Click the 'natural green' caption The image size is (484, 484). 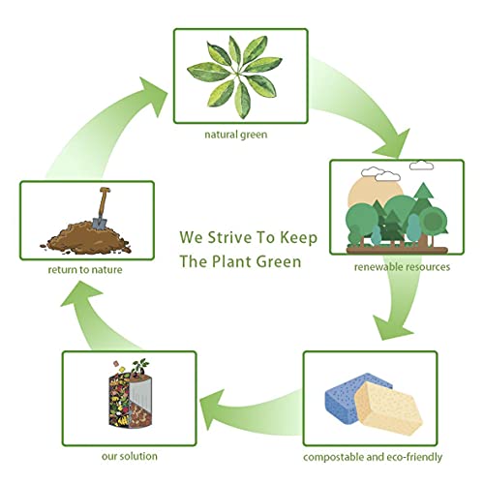(236, 135)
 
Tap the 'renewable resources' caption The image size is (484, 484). (402, 267)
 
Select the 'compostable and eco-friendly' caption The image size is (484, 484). (373, 457)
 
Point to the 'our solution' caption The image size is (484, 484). (130, 456)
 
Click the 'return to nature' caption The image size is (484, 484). (85, 269)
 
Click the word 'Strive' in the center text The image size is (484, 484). (229, 237)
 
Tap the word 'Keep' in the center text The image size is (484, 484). (298, 238)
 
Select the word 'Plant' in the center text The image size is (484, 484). (230, 261)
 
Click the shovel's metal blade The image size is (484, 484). (99, 223)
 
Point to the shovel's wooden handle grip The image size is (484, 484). (105, 190)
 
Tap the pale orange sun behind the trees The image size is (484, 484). (375, 193)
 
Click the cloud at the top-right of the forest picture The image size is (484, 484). (421, 166)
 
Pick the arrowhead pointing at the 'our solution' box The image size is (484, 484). (213, 409)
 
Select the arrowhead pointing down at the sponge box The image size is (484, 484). (391, 326)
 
